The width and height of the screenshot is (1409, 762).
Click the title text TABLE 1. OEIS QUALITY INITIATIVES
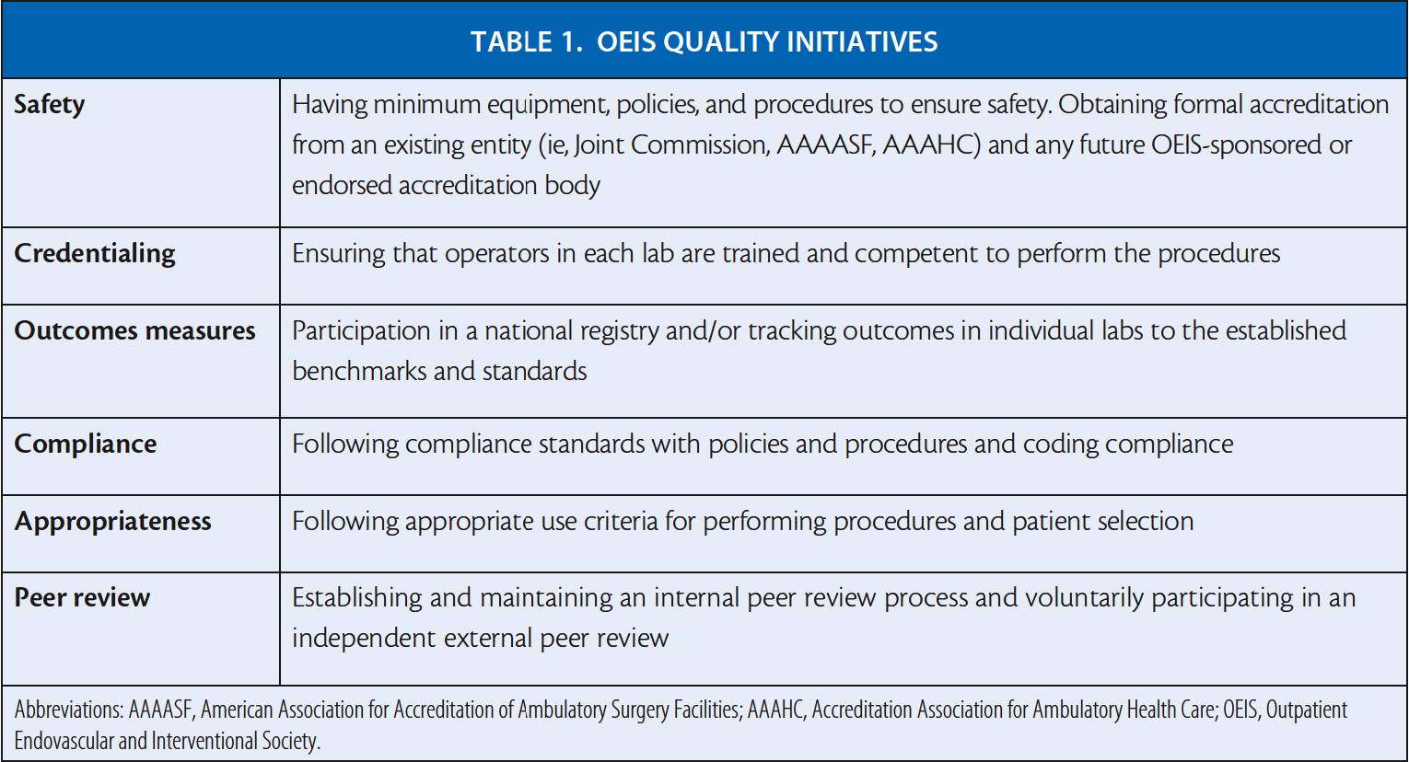(704, 42)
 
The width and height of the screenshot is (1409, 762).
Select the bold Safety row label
(49, 105)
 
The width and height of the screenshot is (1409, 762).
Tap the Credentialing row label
(94, 254)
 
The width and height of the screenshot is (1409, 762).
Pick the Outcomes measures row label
(134, 330)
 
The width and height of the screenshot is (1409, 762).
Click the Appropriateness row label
(112, 522)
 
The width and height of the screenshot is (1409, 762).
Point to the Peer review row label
(82, 598)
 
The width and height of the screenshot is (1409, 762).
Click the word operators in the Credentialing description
(497, 254)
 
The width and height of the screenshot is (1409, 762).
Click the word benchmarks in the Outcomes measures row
(359, 371)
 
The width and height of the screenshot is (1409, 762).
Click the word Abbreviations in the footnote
(68, 710)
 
